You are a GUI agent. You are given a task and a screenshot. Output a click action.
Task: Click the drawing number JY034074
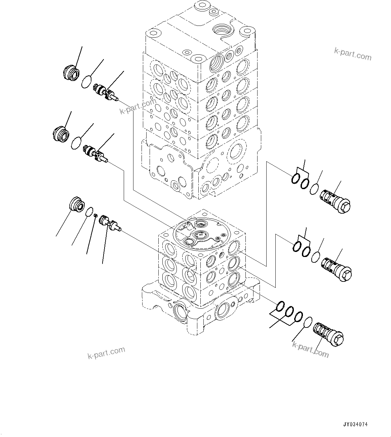pyautogui.click(x=355, y=425)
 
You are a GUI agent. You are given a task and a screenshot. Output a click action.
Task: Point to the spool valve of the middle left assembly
pyautogui.click(x=95, y=154)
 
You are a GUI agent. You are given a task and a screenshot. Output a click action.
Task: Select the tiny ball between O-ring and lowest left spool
pyautogui.click(x=95, y=215)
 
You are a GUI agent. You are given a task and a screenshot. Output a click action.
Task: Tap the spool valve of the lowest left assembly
pyautogui.click(x=110, y=223)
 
